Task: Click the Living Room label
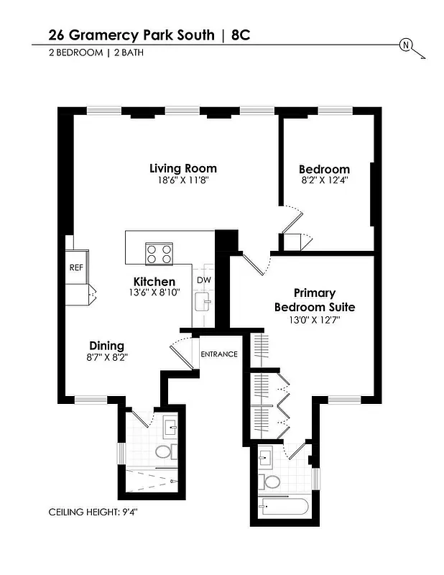click(x=182, y=168)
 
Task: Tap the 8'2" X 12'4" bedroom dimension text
click(x=324, y=181)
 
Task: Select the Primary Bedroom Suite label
click(x=315, y=300)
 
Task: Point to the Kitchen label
click(x=154, y=281)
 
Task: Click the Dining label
click(x=106, y=345)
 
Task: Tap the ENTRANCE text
click(x=218, y=354)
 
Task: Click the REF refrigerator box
click(x=76, y=267)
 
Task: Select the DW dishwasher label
click(x=203, y=280)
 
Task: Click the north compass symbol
click(x=407, y=45)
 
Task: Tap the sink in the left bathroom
click(x=171, y=428)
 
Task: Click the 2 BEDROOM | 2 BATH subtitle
click(x=91, y=52)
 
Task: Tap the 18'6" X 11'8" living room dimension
click(x=182, y=181)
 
